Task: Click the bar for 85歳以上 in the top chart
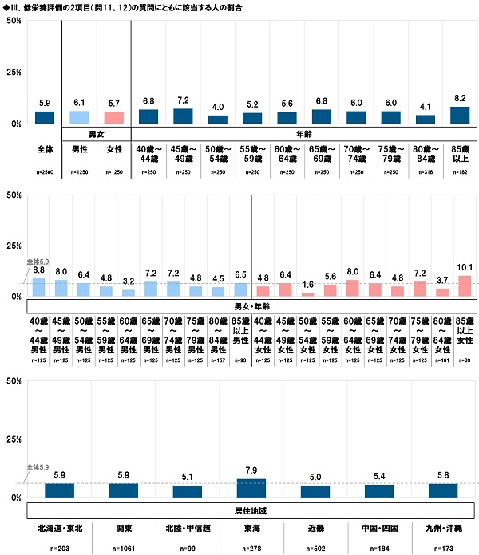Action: tap(459, 116)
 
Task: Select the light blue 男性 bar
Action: tap(79, 117)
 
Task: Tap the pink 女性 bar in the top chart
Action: tap(113, 118)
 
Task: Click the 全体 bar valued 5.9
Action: tap(45, 118)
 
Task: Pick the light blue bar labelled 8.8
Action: tap(38, 288)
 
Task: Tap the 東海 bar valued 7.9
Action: tap(252, 488)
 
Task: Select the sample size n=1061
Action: tap(124, 549)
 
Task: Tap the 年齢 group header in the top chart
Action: tap(304, 134)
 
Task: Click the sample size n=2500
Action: tap(45, 172)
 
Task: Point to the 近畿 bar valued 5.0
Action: tap(315, 491)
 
